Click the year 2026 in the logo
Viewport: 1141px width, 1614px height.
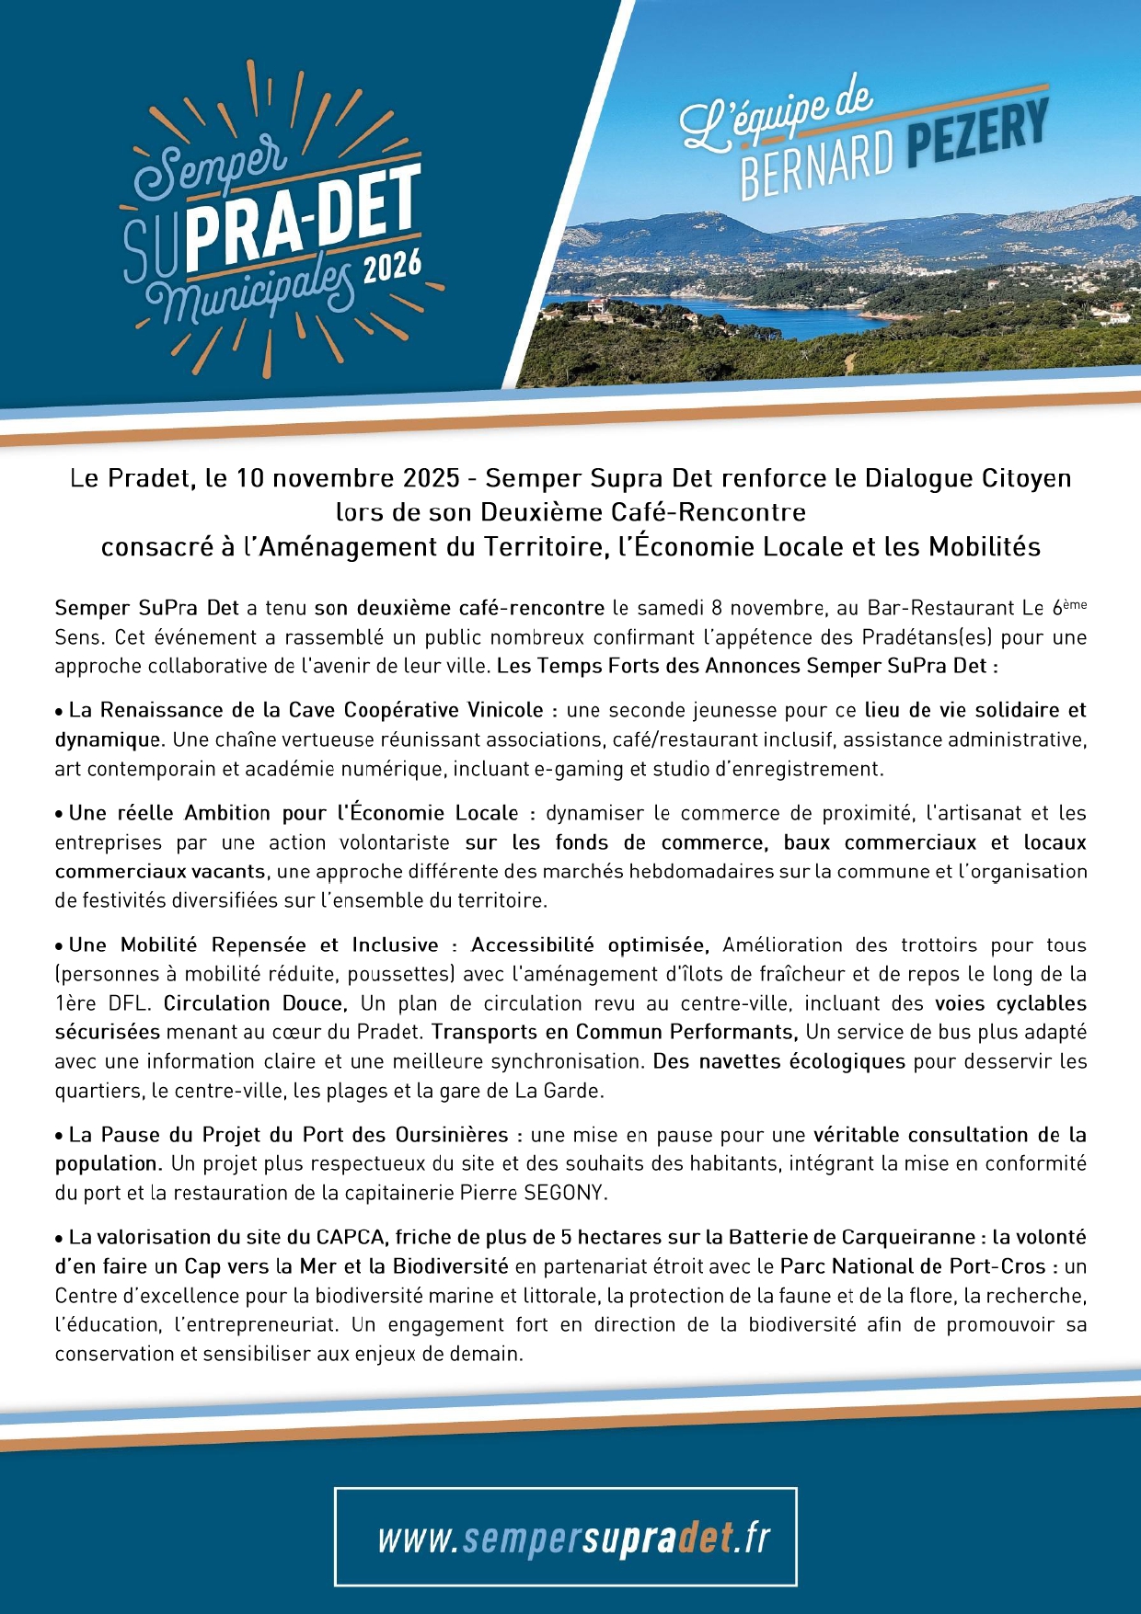[x=392, y=267]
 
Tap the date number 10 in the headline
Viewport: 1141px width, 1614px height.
[x=249, y=478]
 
